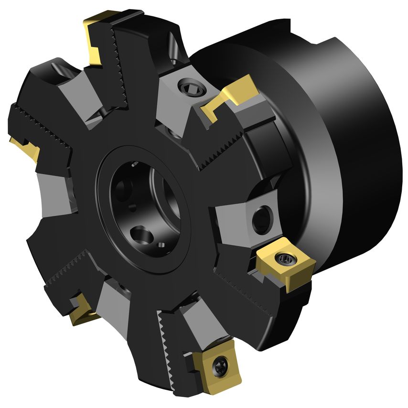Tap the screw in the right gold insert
tap(286, 259)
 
